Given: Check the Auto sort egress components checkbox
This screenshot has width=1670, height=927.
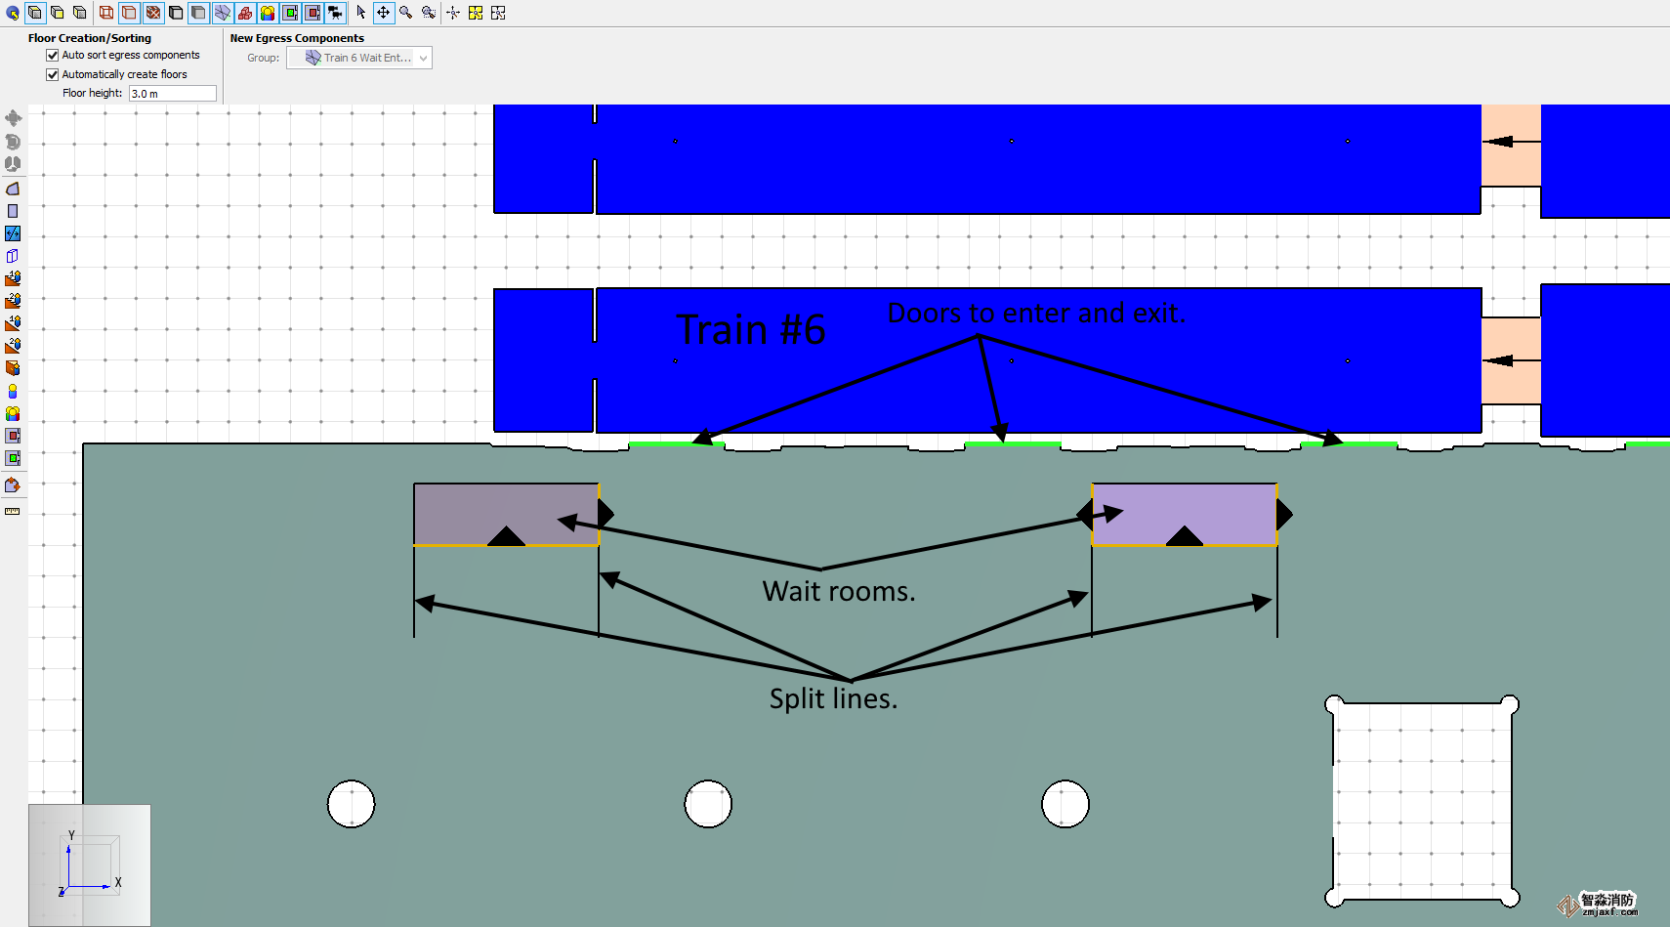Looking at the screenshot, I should click(x=53, y=56).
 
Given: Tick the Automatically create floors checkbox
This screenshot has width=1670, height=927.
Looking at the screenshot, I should click(x=53, y=74).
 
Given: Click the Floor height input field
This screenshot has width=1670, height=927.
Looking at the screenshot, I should click(x=172, y=94).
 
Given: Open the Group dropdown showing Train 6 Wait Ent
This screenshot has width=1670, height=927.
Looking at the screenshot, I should click(x=359, y=59).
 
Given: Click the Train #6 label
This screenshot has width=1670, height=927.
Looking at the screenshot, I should click(x=750, y=330).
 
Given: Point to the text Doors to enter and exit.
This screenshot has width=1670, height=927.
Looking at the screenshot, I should click(x=1036, y=314).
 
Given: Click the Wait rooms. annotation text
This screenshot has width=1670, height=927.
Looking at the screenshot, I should click(x=839, y=592).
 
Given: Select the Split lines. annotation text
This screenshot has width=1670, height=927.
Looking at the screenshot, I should click(x=833, y=699).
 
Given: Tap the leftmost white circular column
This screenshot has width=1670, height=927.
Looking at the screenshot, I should click(x=352, y=804).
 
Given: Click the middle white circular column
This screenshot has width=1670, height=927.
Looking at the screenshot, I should click(x=708, y=804).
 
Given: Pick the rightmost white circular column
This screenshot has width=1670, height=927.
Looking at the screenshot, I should click(x=1065, y=804).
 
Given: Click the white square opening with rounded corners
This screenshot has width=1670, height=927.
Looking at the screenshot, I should click(x=1421, y=801).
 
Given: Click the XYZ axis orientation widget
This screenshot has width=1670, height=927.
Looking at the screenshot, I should click(x=89, y=864).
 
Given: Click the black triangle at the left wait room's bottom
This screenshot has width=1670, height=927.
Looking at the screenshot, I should click(x=506, y=536).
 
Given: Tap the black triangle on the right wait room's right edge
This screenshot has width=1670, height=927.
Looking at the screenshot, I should click(x=1284, y=514).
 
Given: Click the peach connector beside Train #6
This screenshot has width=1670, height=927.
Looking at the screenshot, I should click(x=1511, y=360).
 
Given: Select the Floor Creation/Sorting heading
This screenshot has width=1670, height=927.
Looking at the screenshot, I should click(x=90, y=38).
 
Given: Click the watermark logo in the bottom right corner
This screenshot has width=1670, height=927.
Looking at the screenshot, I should click(x=1601, y=905).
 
